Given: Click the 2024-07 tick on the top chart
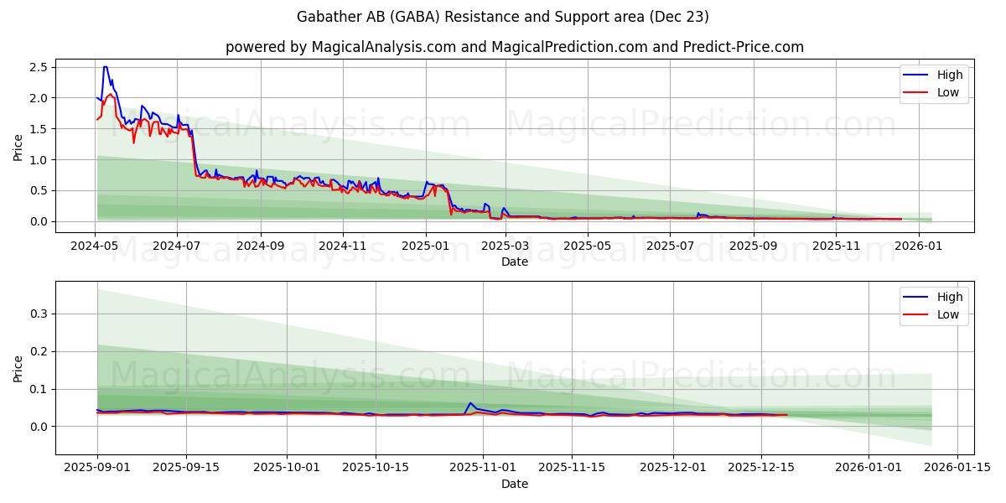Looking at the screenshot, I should pyautogui.click(x=176, y=246).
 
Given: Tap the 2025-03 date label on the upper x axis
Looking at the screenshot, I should pyautogui.click(x=506, y=246).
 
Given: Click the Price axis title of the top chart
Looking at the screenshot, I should pyautogui.click(x=18, y=148).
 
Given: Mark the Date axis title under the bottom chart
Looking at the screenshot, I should pyautogui.click(x=515, y=484).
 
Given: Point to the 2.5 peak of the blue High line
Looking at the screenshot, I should pyautogui.click(x=105, y=67).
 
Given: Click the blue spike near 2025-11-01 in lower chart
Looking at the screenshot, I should pyautogui.click(x=470, y=403).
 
